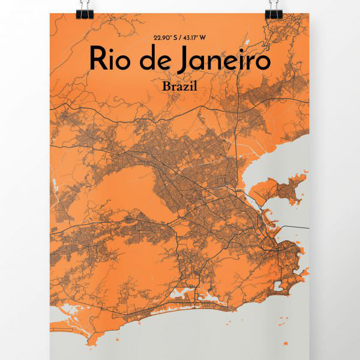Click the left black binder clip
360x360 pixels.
click(x=83, y=8)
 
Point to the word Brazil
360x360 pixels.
click(x=179, y=86)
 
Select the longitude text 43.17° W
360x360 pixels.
click(x=194, y=38)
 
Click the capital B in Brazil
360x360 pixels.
click(x=166, y=86)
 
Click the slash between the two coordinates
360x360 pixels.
click(x=180, y=38)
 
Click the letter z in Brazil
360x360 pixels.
click(x=184, y=87)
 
